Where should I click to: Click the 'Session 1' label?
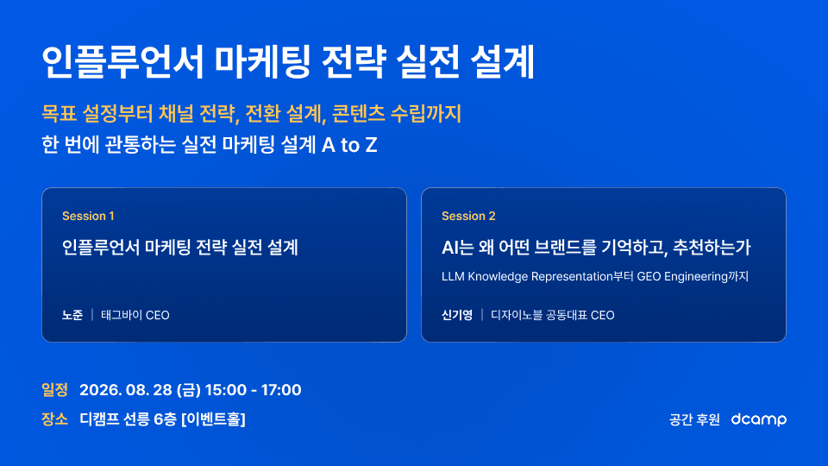click(88, 216)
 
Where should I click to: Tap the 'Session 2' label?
click(468, 216)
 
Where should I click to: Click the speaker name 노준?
click(72, 316)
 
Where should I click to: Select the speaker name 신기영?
click(457, 316)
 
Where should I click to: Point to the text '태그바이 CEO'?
click(135, 316)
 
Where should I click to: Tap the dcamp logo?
click(759, 419)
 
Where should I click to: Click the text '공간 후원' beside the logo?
click(694, 419)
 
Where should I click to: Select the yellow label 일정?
click(55, 390)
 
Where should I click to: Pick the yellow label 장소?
click(55, 419)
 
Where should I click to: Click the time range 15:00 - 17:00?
click(253, 390)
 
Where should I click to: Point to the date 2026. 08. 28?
click(126, 390)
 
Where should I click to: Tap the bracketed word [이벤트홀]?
click(213, 419)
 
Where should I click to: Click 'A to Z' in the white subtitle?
click(349, 145)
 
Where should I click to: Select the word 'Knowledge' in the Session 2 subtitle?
click(498, 277)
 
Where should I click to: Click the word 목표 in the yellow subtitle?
click(60, 114)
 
